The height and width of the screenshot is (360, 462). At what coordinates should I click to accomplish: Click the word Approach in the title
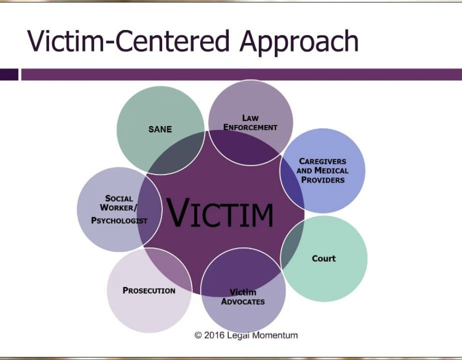point(299,42)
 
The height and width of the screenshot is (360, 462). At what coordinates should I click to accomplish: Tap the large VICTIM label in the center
point(220,214)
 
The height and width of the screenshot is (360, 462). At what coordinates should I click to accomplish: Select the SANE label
point(160,129)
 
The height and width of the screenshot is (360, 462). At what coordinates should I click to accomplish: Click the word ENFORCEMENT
point(250,127)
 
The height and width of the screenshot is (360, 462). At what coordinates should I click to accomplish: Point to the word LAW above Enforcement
point(250,118)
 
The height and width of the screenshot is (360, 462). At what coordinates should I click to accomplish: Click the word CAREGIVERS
point(322,162)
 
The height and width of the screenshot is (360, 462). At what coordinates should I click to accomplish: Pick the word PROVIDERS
point(323,180)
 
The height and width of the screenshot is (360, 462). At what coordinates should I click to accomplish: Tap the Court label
point(324,258)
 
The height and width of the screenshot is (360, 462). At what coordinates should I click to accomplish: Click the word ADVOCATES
point(243,302)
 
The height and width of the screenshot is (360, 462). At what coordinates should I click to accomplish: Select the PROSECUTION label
point(149,290)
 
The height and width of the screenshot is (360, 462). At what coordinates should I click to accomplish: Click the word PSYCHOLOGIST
point(119,221)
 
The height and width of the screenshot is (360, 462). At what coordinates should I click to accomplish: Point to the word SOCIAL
point(119,198)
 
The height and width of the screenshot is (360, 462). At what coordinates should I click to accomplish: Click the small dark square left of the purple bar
point(9,74)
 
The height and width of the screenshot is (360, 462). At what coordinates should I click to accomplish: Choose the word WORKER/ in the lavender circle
point(118,208)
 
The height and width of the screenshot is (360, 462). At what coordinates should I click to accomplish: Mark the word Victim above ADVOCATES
point(243,292)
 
